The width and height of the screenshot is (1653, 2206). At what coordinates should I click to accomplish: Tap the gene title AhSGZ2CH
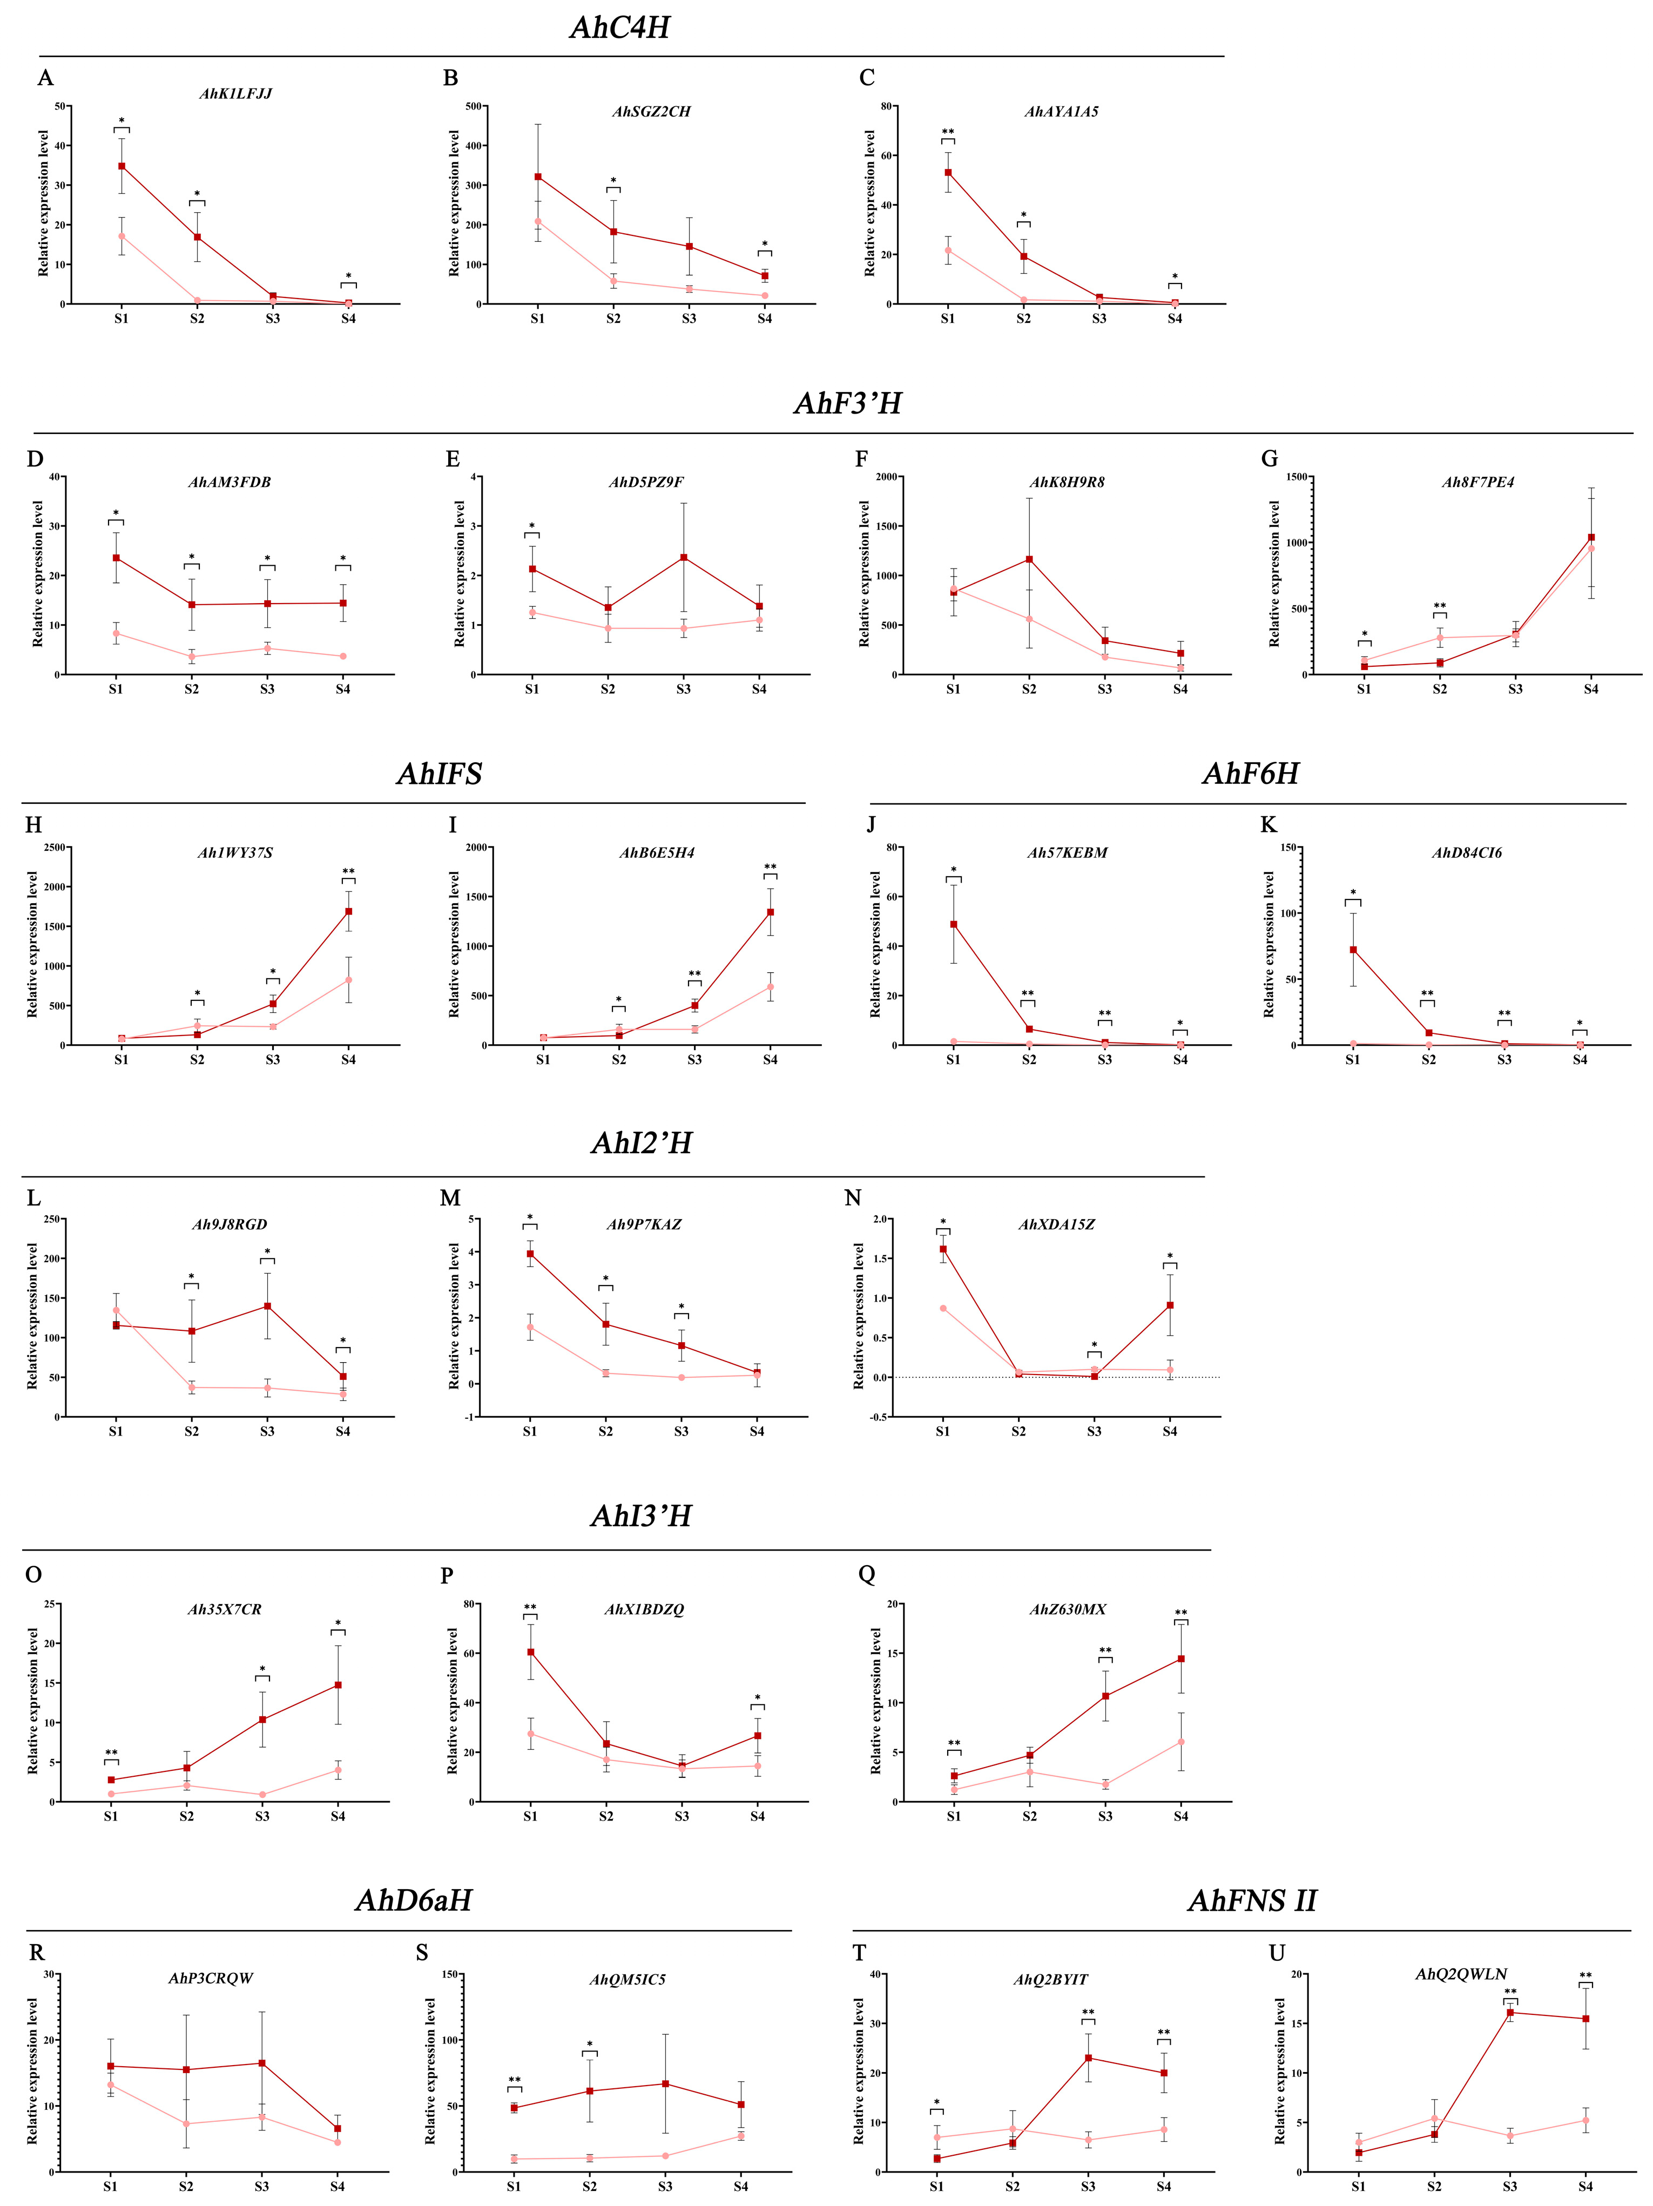pyautogui.click(x=650, y=112)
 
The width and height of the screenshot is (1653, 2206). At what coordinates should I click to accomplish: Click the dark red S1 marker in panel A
pyautogui.click(x=122, y=166)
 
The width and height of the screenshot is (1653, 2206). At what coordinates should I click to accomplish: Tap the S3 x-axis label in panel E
pyautogui.click(x=683, y=689)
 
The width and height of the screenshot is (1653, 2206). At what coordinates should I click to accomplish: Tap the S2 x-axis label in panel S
pyautogui.click(x=590, y=2187)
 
